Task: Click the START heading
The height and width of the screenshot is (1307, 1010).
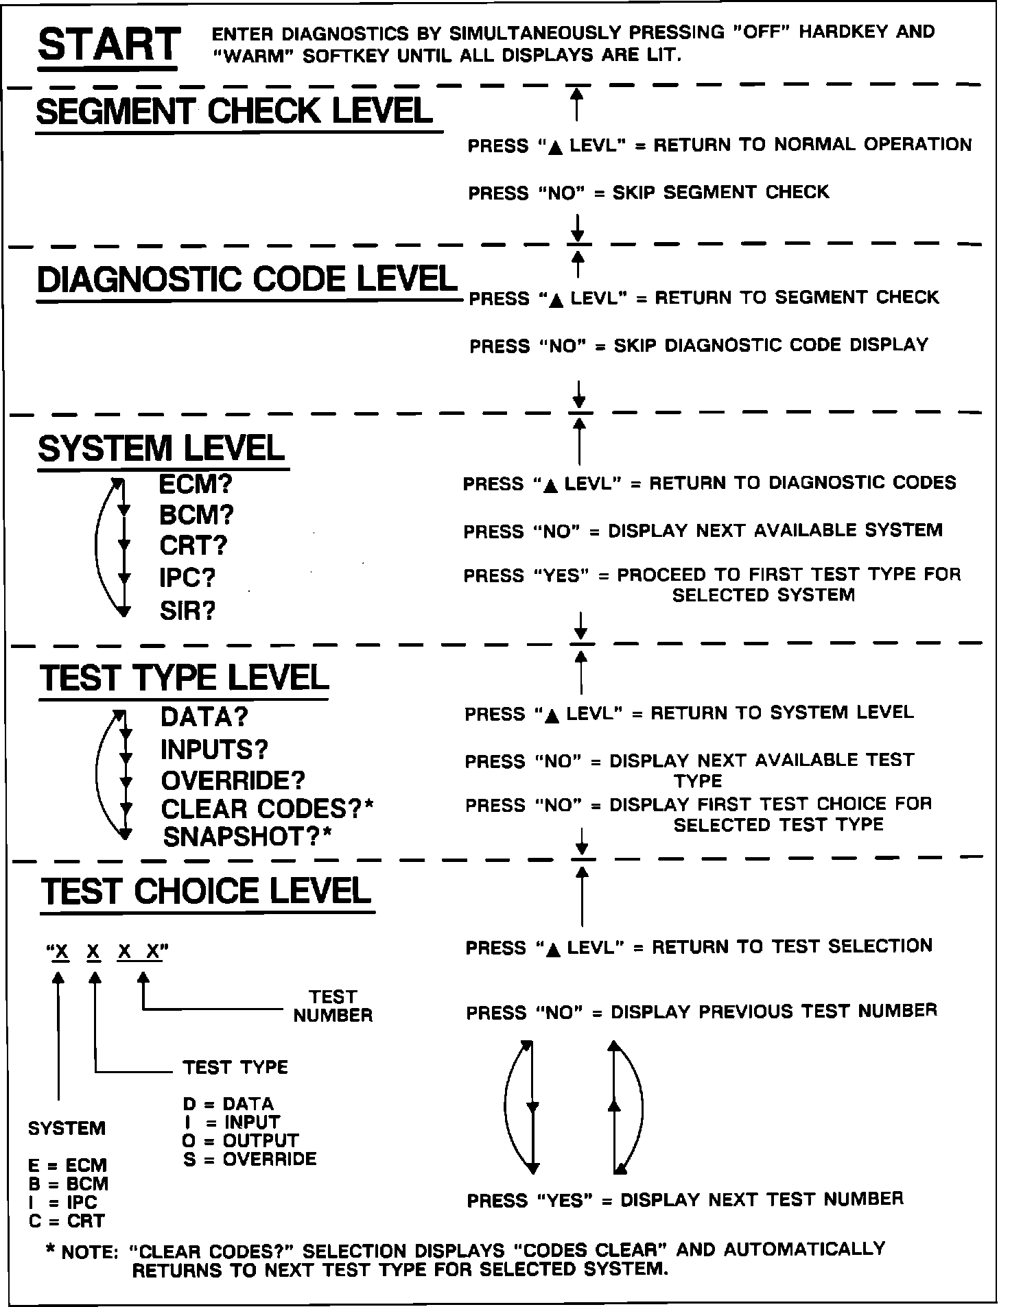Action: [x=109, y=45]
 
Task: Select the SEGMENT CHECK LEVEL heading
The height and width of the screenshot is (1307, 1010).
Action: [x=234, y=111]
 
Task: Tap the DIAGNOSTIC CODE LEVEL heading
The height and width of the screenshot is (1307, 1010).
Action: [x=247, y=279]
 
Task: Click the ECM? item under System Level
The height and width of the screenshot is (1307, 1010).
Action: [x=196, y=484]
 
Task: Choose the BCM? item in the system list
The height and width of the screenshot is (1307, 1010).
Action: [x=196, y=515]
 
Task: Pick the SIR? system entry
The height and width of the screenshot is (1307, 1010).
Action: [x=187, y=610]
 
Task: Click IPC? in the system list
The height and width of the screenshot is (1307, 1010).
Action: [x=187, y=577]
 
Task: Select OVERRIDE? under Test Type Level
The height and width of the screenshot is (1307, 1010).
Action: [x=233, y=780]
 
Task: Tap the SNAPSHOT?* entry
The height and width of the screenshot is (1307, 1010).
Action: [x=247, y=837]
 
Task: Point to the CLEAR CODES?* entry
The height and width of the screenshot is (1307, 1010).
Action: [x=267, y=809]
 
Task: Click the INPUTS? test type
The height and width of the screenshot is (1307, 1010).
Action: [x=214, y=750]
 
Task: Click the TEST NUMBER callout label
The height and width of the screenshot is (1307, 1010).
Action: [x=333, y=1006]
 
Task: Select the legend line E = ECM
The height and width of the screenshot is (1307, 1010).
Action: [x=68, y=1165]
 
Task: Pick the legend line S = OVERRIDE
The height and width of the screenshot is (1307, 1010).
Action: [x=250, y=1159]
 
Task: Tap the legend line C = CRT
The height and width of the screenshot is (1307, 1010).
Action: [x=67, y=1221]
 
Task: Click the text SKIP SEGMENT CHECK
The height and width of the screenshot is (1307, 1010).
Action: [x=720, y=192]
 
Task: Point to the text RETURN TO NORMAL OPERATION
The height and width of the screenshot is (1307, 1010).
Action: [x=812, y=145]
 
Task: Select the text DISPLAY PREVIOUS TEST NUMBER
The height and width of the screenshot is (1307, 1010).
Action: [x=773, y=1011]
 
